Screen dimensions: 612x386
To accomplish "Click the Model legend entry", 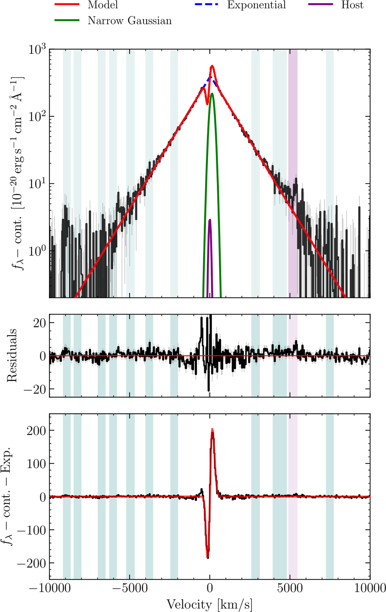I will (x=103, y=5).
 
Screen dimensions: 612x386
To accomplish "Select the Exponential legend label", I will (x=256, y=5).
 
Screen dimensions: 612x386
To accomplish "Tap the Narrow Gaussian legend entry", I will (x=130, y=21).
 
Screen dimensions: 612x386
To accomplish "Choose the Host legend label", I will (x=352, y=5).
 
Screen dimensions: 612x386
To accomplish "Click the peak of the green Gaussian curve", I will (x=212, y=94).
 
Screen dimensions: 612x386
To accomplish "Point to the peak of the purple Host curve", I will (x=210, y=220).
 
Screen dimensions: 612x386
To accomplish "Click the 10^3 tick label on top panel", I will (x=38, y=50).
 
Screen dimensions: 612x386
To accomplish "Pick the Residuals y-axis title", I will (x=12, y=356).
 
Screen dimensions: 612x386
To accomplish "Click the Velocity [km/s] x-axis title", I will (x=209, y=605).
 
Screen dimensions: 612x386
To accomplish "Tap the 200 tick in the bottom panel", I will (x=36, y=430).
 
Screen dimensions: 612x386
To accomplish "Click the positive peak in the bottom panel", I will (x=212, y=429).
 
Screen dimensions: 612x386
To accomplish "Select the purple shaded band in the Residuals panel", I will (x=293, y=356).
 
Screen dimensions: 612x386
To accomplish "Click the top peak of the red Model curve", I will (x=212, y=66).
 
